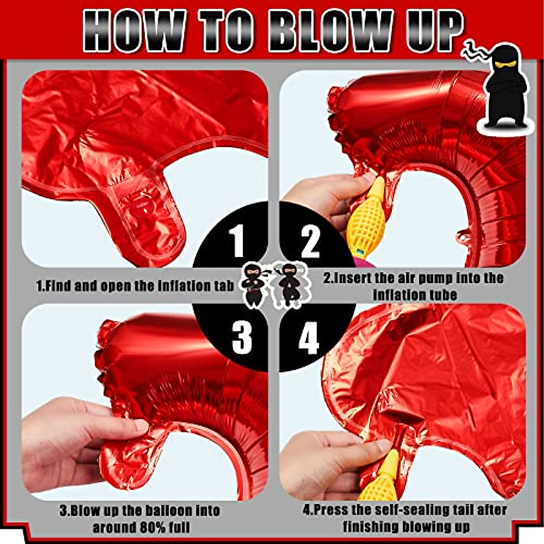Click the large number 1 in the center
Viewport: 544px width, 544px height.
(x=238, y=243)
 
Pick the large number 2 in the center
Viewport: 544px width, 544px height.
(x=310, y=243)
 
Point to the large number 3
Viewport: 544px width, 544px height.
(x=241, y=338)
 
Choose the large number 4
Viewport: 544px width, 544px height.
(x=309, y=338)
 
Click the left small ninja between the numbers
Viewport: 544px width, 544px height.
(x=253, y=285)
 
